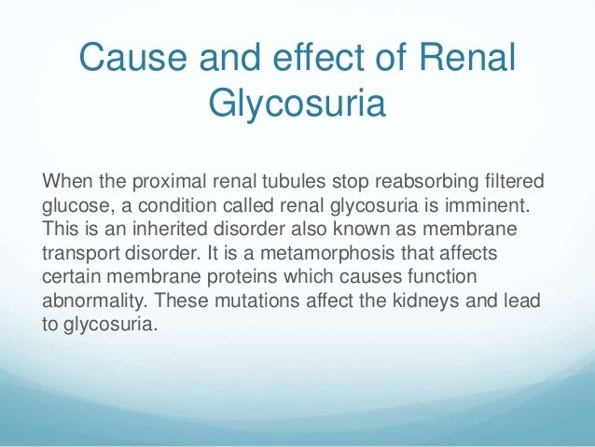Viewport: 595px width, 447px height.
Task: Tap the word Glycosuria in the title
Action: pyautogui.click(x=297, y=104)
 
